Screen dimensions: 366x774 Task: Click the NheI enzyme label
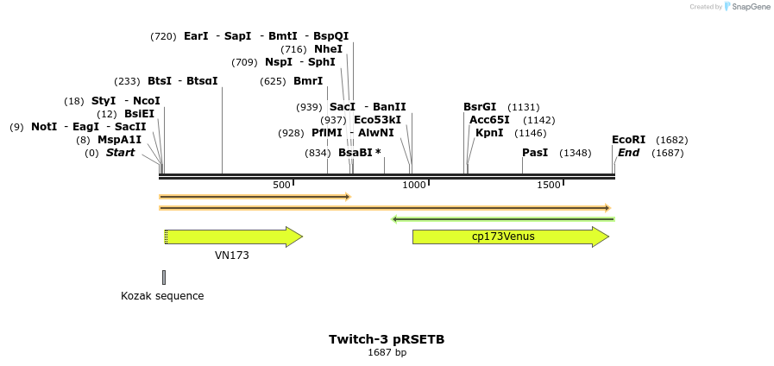[x=328, y=49]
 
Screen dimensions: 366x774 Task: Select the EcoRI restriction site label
[x=628, y=140]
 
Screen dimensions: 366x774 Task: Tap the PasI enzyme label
[x=535, y=153]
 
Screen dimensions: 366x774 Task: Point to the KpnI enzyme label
[x=489, y=133]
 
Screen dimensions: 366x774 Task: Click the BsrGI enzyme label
[x=480, y=107]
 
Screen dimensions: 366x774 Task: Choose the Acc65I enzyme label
[x=489, y=120]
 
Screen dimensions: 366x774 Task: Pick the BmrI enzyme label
[x=308, y=81]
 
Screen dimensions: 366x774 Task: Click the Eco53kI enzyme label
[x=377, y=120]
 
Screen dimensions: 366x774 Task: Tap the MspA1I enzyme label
[x=119, y=140]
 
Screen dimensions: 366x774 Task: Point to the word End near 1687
[x=628, y=153]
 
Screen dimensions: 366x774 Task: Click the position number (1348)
[x=576, y=153]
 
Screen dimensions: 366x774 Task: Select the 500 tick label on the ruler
[x=281, y=186]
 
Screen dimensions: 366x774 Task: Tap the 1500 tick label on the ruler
[x=549, y=186]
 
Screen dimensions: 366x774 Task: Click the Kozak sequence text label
[x=162, y=296]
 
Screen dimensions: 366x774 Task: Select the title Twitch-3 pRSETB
[x=387, y=339]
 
